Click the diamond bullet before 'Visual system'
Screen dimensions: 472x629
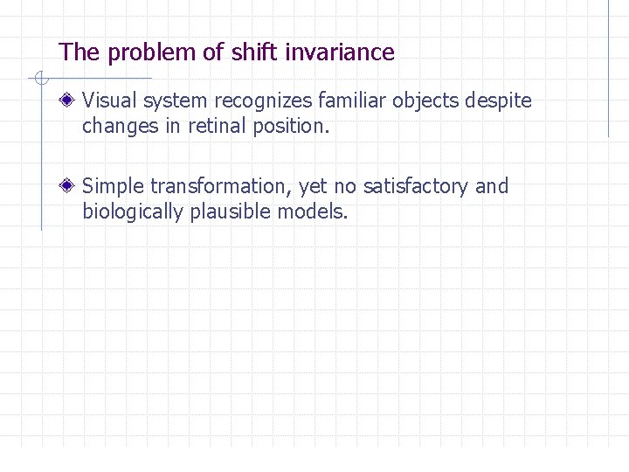(68, 101)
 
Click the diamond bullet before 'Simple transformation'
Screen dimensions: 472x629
(68, 186)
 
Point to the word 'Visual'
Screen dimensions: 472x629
(110, 101)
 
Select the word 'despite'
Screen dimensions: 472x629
(498, 101)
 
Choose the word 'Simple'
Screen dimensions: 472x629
(114, 186)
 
